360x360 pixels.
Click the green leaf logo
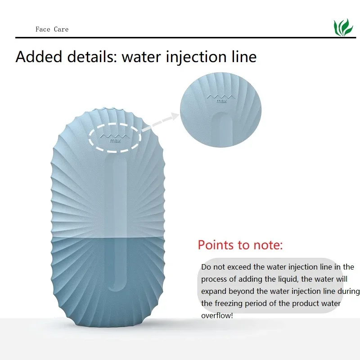(x=343, y=27)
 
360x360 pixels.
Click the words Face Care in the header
(x=52, y=29)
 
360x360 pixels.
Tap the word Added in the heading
(x=39, y=57)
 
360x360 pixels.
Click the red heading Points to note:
(x=240, y=245)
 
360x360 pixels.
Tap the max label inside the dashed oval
(x=115, y=140)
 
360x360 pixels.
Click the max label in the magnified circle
(x=221, y=101)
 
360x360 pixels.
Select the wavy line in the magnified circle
(x=221, y=96)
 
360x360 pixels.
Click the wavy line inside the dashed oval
(x=115, y=136)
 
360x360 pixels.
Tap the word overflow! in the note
(x=217, y=315)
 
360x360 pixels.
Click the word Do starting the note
(x=206, y=267)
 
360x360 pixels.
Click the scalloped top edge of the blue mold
(x=108, y=109)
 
